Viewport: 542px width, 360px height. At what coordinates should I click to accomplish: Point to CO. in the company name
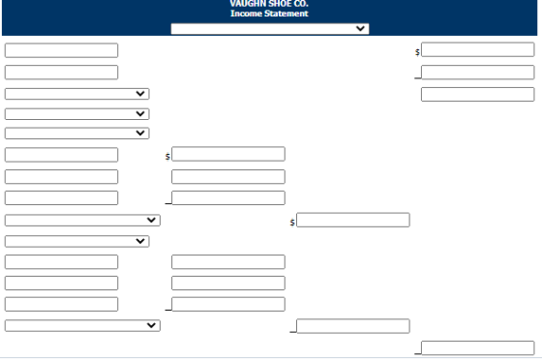[300, 4]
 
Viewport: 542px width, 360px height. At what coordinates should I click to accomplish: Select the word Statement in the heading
[286, 14]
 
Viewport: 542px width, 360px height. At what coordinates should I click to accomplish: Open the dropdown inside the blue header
[270, 29]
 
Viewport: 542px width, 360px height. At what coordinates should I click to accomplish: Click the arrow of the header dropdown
[360, 28]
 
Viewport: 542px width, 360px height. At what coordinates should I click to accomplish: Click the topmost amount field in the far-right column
[478, 49]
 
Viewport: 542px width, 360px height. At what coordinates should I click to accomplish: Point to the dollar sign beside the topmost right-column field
[417, 52]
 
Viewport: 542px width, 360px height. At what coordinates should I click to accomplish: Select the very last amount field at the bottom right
[478, 348]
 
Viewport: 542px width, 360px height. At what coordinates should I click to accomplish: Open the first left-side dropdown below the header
[77, 94]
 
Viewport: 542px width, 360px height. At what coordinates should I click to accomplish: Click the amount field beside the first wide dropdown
[353, 220]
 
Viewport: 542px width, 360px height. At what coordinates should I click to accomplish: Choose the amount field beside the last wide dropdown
[353, 326]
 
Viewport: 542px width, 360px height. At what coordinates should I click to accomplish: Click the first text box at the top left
[61, 50]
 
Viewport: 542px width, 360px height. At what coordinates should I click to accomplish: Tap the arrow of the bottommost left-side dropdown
[151, 325]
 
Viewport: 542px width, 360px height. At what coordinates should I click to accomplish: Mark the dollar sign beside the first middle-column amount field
[167, 157]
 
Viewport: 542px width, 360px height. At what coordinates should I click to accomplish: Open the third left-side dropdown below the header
[77, 134]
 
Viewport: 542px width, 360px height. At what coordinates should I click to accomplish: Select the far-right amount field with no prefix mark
[478, 94]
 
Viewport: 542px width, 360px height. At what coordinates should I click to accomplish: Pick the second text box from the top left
[61, 73]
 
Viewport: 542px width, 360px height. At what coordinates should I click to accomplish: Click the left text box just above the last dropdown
[61, 305]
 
